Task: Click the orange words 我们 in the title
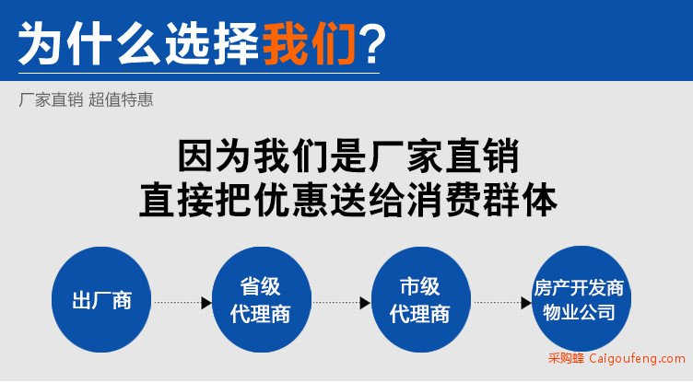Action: pos(310,44)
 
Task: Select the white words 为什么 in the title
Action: pos(89,44)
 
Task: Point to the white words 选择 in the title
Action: pos(212,44)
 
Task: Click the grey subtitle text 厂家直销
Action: pos(51,99)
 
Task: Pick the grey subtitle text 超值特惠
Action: pos(121,99)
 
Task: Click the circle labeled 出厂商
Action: pos(101,300)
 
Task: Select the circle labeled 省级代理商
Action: pos(261,300)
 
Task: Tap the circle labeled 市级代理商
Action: pos(421,300)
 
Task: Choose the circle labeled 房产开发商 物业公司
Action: pos(581,299)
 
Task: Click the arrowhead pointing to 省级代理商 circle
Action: pos(206,303)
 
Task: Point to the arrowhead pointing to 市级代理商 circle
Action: pos(366,303)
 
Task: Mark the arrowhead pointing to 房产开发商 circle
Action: pos(526,303)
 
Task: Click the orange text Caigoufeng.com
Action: pos(638,358)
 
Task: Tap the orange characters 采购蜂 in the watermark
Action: pos(566,358)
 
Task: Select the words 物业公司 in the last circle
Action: pos(579,313)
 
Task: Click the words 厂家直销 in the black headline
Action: pos(444,156)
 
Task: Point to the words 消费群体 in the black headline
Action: pos(483,201)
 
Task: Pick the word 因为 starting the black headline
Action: pos(215,156)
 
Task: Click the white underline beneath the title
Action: pos(199,73)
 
